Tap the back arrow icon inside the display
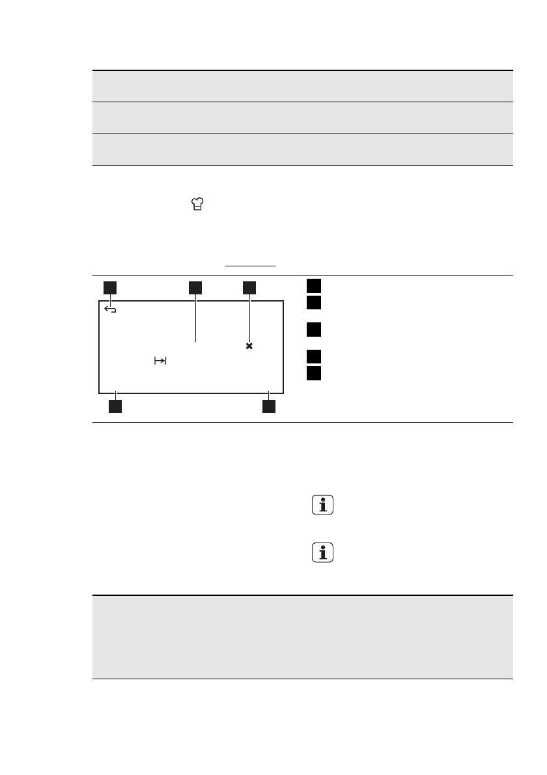pos(111,311)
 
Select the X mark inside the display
pos(249,346)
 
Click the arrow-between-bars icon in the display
pos(160,361)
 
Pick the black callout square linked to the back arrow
pos(110,287)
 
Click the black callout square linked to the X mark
pos(249,287)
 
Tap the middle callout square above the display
pos(195,287)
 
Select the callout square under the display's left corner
pos(115,407)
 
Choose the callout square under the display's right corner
pos(268,407)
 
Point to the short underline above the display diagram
pos(251,266)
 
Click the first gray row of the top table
pos(302,86)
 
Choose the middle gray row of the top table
pos(302,118)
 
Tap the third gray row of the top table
pos(302,150)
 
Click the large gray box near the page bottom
pos(302,637)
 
